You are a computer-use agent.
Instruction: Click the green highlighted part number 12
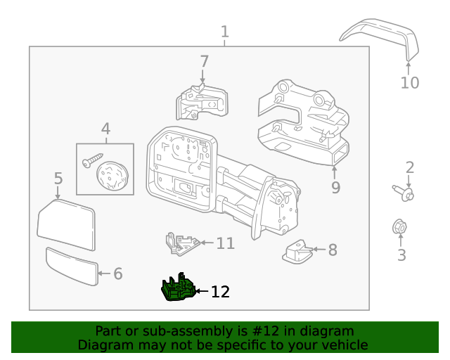[179, 288]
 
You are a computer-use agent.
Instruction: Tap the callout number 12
[220, 292]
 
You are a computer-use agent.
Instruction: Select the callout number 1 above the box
[225, 32]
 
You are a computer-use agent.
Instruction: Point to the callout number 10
[410, 83]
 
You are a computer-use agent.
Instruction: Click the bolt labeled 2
[404, 193]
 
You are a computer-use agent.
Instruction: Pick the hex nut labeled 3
[399, 227]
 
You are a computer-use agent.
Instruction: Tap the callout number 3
[401, 255]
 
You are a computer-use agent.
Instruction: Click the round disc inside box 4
[112, 175]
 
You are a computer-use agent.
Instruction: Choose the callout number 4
[106, 129]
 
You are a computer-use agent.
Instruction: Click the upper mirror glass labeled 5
[66, 224]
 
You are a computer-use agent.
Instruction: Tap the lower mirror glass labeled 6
[72, 266]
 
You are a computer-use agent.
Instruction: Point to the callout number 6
[118, 274]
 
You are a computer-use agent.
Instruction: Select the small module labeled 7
[202, 102]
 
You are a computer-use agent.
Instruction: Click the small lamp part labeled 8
[297, 252]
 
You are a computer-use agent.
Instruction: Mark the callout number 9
[336, 187]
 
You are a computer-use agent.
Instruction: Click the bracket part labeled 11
[182, 244]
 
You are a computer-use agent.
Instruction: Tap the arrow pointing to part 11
[207, 243]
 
